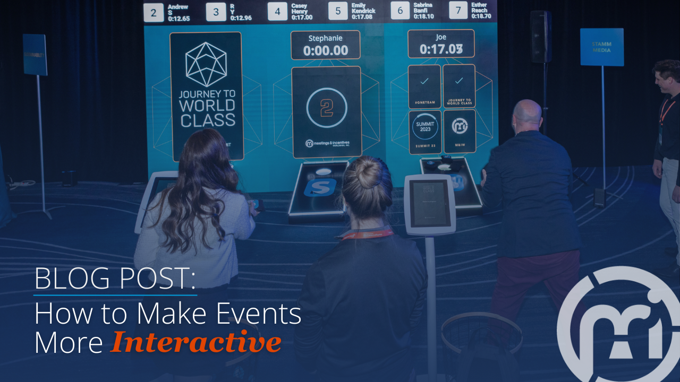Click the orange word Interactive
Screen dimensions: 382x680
coord(195,342)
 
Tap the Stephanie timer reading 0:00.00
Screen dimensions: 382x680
coord(325,50)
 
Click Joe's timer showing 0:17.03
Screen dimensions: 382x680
coord(440,49)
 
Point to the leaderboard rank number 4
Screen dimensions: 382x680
coord(277,12)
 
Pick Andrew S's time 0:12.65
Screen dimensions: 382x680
coord(178,19)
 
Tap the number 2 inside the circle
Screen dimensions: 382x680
coord(327,107)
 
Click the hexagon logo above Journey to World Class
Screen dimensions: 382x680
coord(206,64)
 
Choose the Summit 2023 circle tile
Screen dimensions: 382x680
coord(424,128)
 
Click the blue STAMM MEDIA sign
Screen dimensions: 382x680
coord(601,47)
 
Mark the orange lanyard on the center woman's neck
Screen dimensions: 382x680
coord(367,233)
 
